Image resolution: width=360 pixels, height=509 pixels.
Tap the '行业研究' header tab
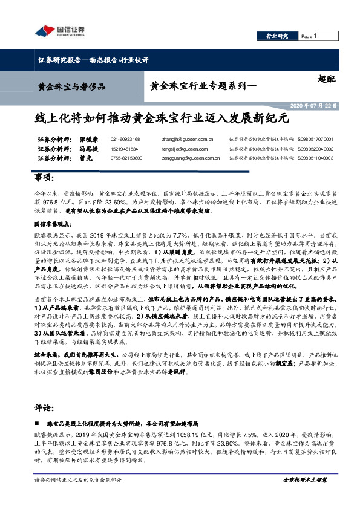277,37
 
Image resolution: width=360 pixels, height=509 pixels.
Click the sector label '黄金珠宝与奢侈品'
71,86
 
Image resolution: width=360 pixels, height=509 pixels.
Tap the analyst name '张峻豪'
88,139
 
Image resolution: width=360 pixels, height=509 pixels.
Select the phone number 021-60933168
125,139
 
